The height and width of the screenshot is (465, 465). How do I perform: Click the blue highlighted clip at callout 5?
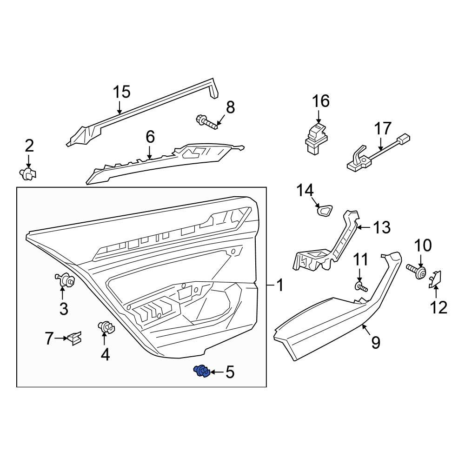click(x=202, y=371)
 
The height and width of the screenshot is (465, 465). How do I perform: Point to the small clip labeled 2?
click(x=28, y=174)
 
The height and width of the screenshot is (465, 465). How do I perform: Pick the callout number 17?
click(x=383, y=128)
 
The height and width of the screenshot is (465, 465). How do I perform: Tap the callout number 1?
click(x=279, y=285)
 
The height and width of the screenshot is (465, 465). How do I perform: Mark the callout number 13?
click(x=382, y=227)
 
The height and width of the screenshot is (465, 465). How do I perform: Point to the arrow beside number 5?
click(x=215, y=372)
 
